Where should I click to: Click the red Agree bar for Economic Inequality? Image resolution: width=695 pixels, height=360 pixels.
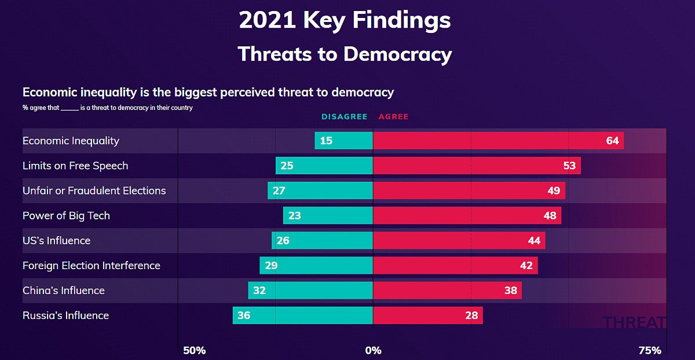498,141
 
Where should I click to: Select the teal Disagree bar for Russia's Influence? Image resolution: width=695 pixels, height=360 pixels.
303,315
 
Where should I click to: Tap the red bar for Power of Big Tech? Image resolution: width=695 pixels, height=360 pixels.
467,215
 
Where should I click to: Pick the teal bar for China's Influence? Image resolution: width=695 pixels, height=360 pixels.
310,290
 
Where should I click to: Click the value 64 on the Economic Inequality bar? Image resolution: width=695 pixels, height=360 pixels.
613,141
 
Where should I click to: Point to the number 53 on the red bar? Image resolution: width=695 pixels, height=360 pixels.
569,166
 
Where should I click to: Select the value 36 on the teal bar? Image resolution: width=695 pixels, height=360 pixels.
244,315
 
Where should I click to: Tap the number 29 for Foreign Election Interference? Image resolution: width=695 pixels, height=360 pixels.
271,266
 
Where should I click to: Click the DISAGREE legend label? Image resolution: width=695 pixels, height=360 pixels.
345,116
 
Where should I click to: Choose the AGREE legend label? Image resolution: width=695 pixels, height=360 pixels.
393,116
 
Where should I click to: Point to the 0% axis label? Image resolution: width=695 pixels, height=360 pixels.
373,350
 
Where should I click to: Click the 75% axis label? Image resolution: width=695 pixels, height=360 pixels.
650,350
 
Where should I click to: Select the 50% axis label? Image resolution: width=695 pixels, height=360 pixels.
194,350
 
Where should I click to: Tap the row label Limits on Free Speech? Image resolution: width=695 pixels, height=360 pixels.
75,166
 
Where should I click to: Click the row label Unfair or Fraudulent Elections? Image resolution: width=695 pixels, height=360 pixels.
94,190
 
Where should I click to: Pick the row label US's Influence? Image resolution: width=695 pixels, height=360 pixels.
57,241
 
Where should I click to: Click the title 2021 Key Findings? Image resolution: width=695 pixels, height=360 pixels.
345,20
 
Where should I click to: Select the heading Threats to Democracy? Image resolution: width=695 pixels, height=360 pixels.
345,54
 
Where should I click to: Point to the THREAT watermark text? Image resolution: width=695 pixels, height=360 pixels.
634,322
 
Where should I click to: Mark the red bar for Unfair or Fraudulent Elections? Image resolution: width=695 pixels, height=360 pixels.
469,190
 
